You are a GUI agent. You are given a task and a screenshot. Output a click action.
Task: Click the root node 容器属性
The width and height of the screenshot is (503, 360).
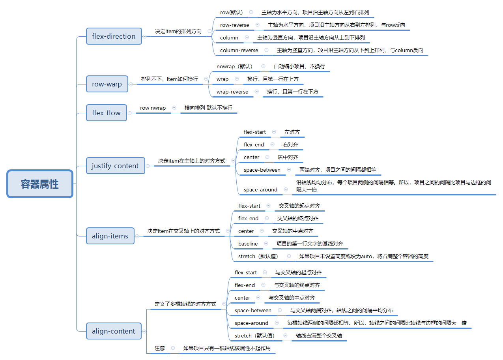(x=40, y=184)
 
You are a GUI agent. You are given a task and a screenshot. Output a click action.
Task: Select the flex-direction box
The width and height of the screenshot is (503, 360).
(x=114, y=36)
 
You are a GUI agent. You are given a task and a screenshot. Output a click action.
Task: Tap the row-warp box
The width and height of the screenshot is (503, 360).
(x=107, y=84)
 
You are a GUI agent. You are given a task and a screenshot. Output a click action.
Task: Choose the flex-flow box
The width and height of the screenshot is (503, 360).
(x=107, y=113)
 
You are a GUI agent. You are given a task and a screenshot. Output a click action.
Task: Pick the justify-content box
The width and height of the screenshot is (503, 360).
(x=116, y=166)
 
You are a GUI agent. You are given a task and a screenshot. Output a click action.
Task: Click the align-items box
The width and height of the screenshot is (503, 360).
(x=110, y=236)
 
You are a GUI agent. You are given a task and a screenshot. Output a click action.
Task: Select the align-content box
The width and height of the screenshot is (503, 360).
(x=114, y=331)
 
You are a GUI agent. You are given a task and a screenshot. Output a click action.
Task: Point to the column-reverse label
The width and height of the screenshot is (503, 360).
(x=239, y=51)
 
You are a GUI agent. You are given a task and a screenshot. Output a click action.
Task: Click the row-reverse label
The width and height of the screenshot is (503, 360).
(x=234, y=25)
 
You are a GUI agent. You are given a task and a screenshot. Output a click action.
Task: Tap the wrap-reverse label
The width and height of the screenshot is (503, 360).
(x=232, y=92)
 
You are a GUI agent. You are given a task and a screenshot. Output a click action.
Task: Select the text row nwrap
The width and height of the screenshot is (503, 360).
(x=153, y=108)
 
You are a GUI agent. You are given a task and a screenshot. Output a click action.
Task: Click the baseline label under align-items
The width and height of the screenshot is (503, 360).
(x=248, y=244)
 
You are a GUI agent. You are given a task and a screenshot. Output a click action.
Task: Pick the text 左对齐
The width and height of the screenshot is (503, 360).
(x=292, y=132)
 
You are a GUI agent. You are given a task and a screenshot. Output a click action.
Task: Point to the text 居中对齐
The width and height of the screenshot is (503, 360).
(x=288, y=157)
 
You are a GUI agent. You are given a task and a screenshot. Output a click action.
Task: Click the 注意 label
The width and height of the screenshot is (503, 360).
(x=160, y=348)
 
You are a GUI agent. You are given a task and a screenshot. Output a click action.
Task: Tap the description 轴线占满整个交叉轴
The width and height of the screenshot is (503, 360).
(x=319, y=336)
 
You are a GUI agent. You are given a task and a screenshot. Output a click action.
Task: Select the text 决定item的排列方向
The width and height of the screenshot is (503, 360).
(x=178, y=31)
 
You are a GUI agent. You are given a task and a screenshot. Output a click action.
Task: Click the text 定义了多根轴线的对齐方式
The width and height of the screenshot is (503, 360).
(x=185, y=304)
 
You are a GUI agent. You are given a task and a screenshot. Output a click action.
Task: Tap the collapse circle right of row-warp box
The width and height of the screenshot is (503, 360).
(x=131, y=84)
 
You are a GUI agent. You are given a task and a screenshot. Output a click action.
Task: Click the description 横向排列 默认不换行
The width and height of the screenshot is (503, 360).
(x=208, y=108)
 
